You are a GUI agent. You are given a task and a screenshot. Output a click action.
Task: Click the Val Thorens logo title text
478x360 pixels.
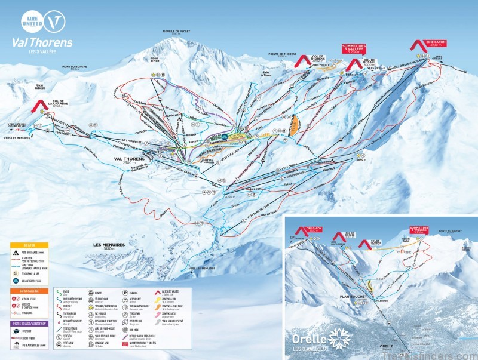click(42, 42)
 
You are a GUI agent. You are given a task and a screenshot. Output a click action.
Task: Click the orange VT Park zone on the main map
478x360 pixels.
click(293, 125)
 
